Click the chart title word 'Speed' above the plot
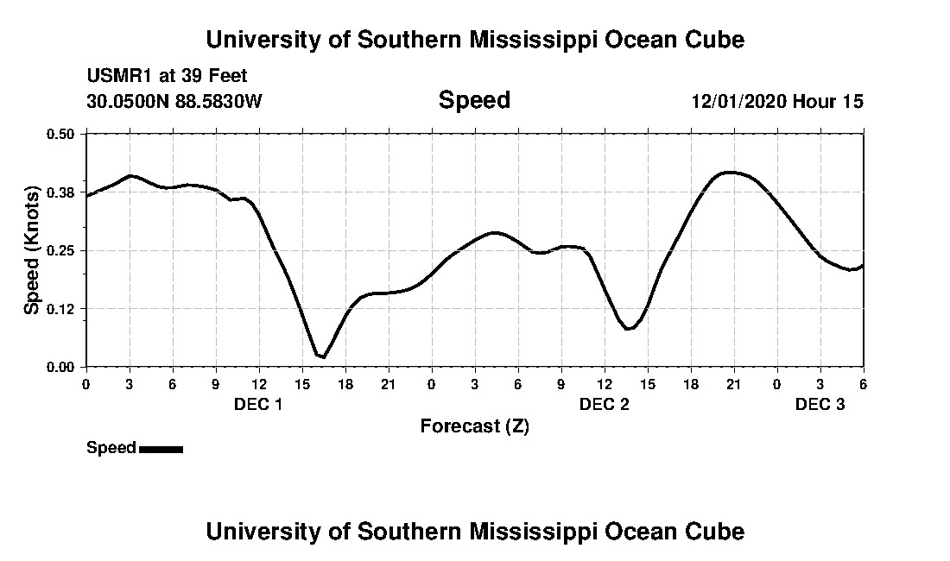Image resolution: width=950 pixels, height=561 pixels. [x=474, y=100]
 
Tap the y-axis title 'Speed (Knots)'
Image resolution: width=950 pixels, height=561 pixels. [x=32, y=250]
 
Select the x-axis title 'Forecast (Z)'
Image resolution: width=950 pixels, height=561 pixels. [x=474, y=425]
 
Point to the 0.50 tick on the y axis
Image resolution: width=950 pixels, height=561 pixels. [x=60, y=134]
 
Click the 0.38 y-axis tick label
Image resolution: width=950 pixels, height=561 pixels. [x=60, y=192]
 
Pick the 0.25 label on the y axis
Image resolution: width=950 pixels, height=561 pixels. [x=60, y=250]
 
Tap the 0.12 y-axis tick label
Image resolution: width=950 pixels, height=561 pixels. [x=60, y=309]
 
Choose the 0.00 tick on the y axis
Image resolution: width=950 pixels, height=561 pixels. [x=60, y=367]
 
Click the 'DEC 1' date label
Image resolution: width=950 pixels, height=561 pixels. [x=258, y=405]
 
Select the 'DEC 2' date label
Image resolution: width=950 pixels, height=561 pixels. [x=604, y=405]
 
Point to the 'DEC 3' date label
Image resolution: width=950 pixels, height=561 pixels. [x=820, y=405]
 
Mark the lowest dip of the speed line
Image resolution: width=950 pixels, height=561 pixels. [x=322, y=356]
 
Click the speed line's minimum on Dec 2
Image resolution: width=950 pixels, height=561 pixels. [x=629, y=329]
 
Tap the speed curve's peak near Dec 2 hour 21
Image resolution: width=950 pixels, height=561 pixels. [x=730, y=173]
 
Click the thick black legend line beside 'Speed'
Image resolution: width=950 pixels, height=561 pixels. [x=161, y=449]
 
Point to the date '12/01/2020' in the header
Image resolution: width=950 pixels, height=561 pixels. [x=738, y=102]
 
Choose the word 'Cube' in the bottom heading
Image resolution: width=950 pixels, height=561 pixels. [x=716, y=531]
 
